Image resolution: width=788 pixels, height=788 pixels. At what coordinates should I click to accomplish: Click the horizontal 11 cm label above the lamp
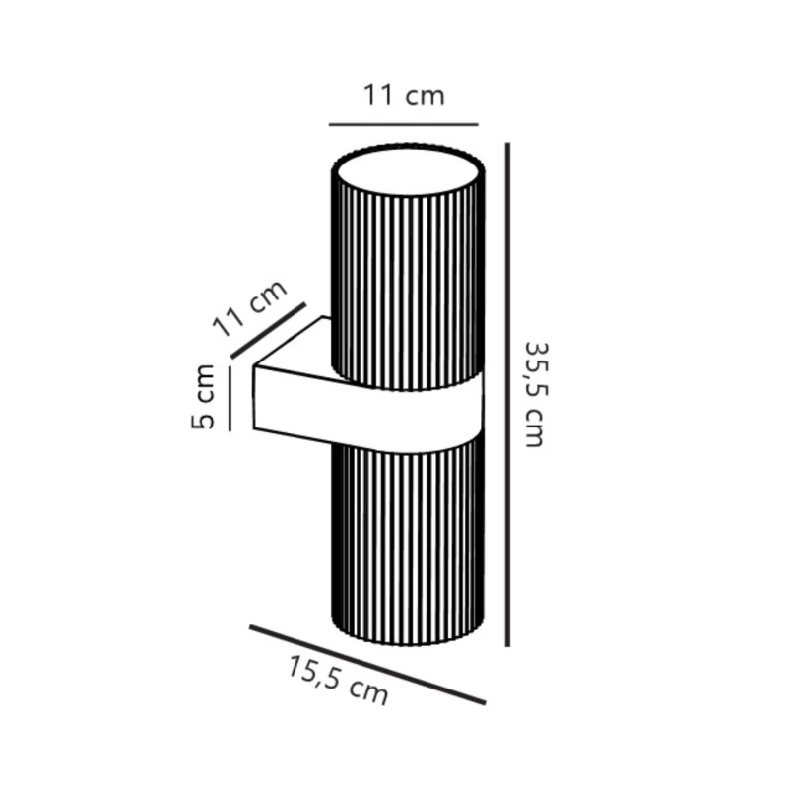coord(404,96)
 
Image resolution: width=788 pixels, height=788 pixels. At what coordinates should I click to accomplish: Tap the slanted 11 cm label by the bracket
coord(250,307)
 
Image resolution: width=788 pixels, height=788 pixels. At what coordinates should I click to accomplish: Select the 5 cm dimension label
coord(203,397)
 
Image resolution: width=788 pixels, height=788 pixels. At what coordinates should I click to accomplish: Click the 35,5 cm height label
coord(536,395)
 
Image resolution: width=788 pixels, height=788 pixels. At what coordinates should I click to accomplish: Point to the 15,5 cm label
coord(338,681)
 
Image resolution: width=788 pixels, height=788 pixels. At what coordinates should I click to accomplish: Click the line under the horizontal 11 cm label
coord(404,124)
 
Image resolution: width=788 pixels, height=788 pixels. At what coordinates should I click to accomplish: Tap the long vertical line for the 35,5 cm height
coord(507,395)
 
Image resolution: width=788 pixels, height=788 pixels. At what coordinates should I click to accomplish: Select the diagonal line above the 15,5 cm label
coord(367,665)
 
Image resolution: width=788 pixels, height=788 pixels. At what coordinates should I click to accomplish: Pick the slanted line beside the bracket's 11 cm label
coord(268,330)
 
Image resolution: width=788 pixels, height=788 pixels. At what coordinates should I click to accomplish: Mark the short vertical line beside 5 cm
coord(230,399)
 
